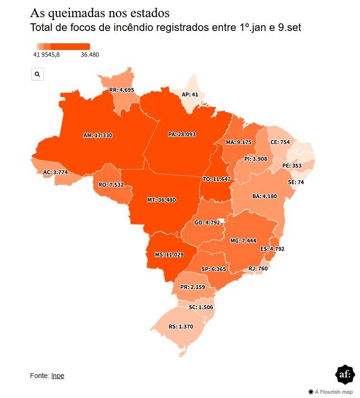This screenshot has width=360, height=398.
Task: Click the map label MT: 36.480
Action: [161, 200]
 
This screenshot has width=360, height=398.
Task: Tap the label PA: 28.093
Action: [182, 135]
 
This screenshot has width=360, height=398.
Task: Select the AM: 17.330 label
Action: [98, 136]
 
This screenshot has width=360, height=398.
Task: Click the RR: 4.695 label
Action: [121, 90]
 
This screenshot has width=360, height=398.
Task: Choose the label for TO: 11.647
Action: [216, 179]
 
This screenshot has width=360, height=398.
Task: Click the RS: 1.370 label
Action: [181, 327]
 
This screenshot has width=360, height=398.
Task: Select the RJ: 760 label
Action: [258, 269]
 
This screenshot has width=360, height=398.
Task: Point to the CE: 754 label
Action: [280, 142]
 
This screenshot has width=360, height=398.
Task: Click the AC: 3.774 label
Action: [56, 172]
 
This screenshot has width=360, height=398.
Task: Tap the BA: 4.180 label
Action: [265, 196]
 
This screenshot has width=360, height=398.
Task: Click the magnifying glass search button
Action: [38, 74]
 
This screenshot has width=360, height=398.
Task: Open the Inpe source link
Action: [58, 376]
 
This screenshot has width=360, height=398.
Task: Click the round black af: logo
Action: [345, 375]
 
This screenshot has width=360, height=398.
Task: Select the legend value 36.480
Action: [90, 55]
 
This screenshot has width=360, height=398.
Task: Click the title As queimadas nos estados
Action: [100, 13]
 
